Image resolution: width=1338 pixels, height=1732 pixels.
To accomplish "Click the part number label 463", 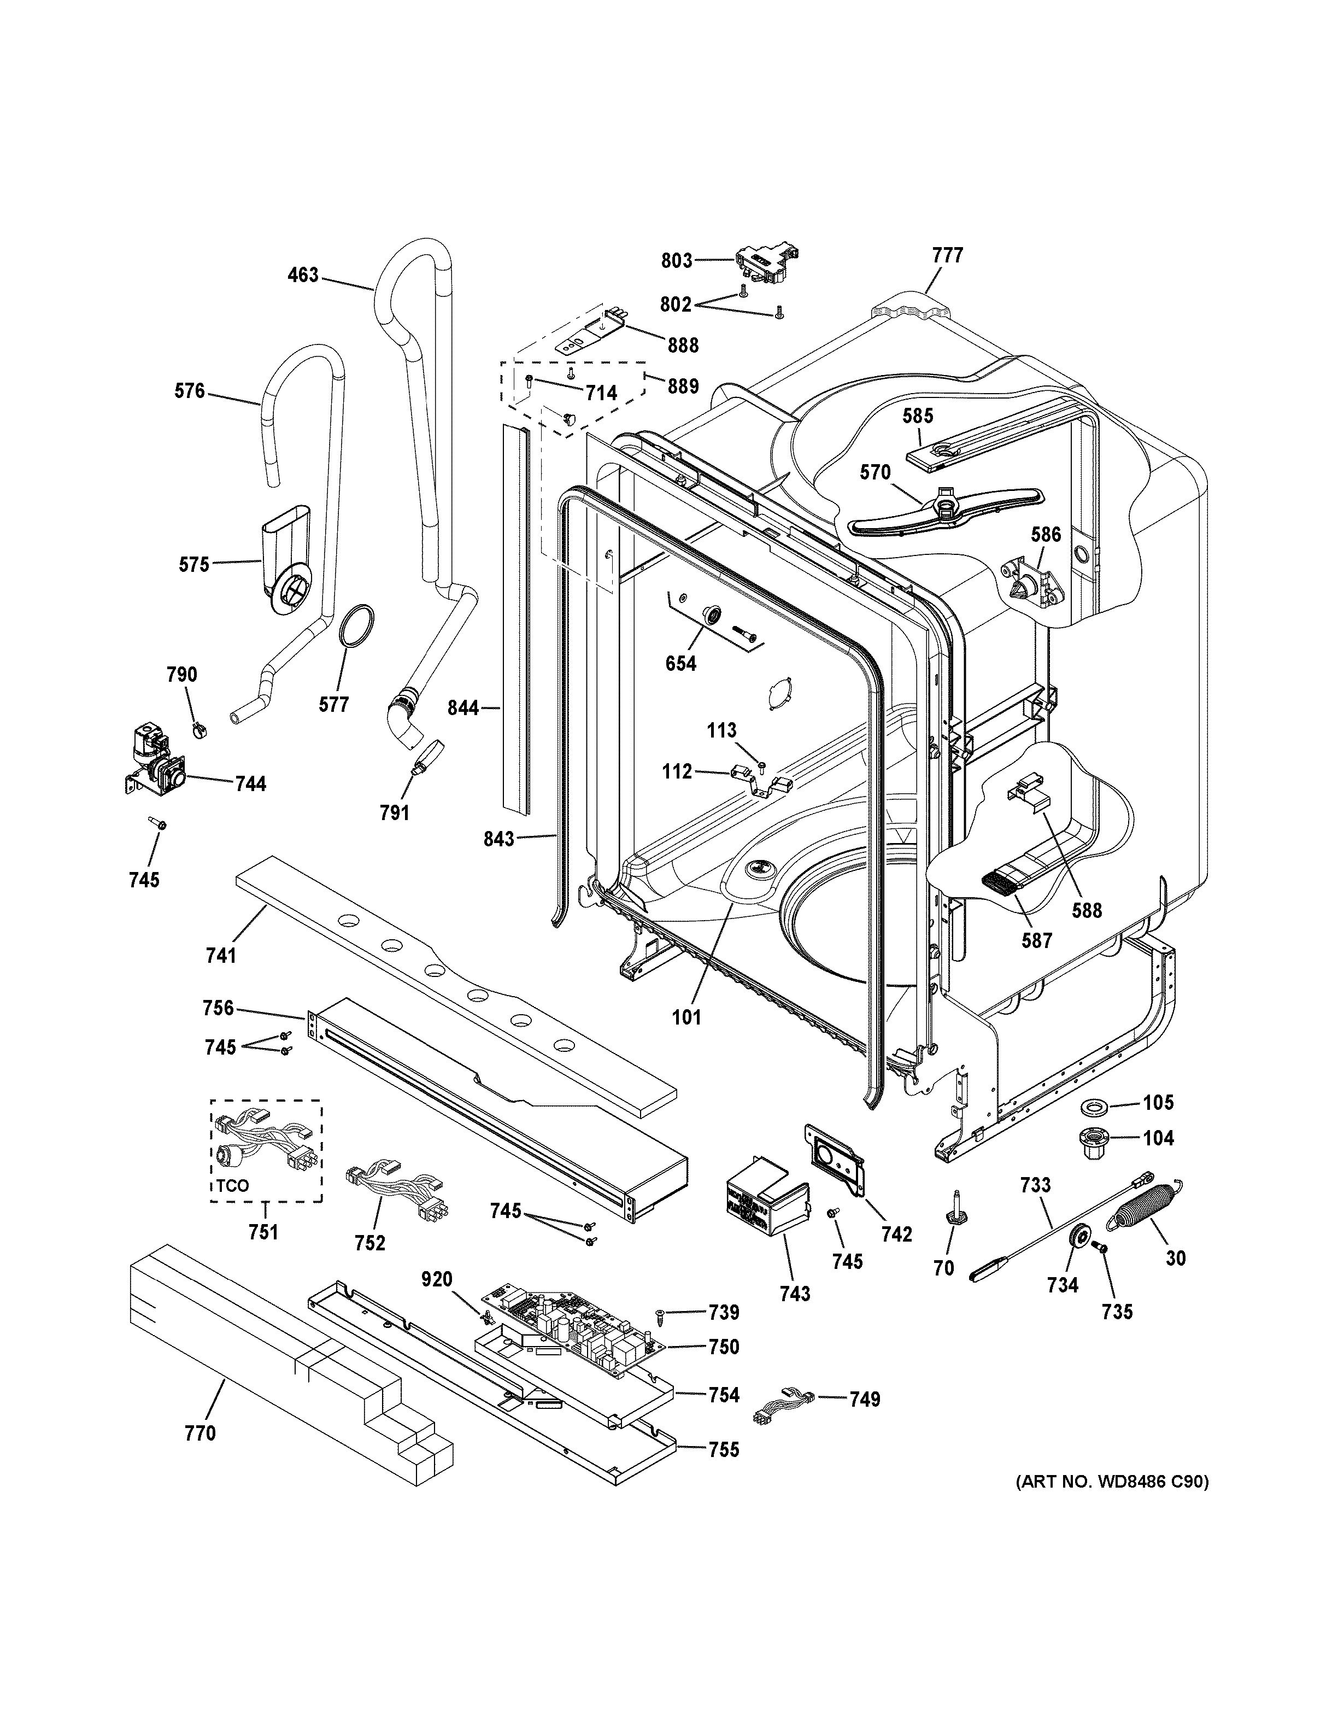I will (303, 275).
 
